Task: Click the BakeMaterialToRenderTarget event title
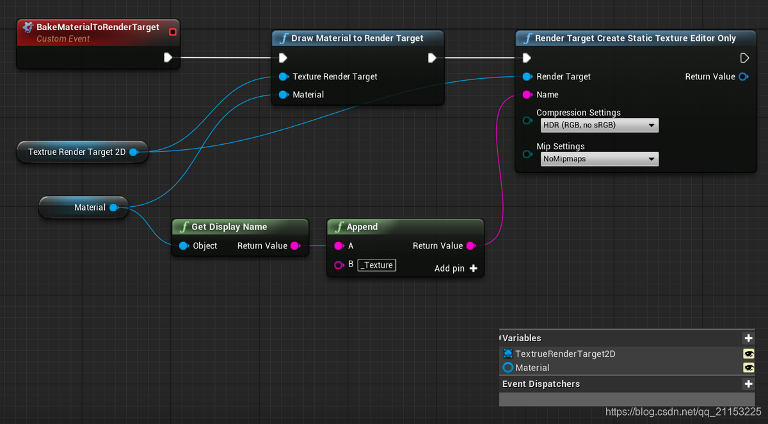point(97,28)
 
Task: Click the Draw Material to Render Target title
point(357,38)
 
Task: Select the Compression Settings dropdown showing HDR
point(599,126)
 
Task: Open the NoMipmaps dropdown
point(599,159)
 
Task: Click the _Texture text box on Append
point(376,265)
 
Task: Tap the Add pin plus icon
point(474,268)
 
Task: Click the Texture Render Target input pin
point(284,77)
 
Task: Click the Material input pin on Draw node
point(284,95)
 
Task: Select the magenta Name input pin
point(527,95)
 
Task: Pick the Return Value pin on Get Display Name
point(294,246)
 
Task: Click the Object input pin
point(183,246)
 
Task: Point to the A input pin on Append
point(339,246)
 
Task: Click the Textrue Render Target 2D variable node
point(77,152)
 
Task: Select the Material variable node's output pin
point(113,208)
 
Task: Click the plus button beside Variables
point(748,338)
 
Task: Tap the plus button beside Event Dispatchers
point(748,384)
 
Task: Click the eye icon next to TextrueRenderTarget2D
point(748,354)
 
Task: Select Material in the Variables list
point(532,368)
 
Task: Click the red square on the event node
point(172,31)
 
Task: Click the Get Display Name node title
point(229,227)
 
